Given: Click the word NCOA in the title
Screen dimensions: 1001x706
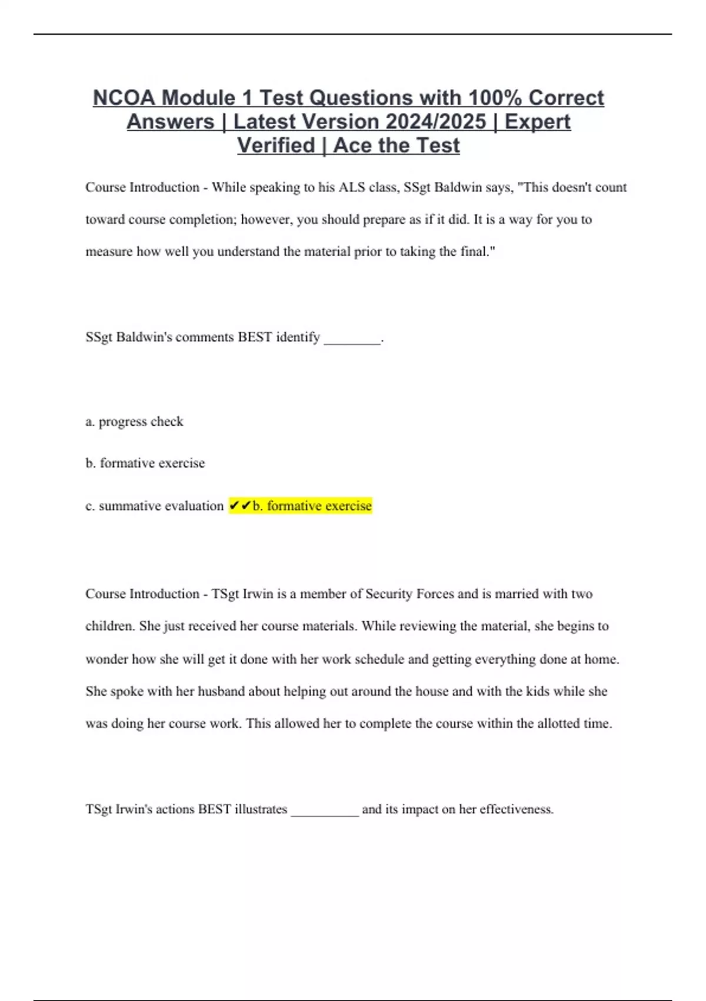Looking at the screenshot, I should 124,98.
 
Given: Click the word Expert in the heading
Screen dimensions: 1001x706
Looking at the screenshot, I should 538,122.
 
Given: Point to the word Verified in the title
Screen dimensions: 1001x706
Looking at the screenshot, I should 276,145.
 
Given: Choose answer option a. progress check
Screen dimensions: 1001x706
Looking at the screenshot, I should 134,422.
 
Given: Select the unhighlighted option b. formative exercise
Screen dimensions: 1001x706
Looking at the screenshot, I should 145,463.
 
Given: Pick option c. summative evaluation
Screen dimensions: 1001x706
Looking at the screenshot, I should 154,506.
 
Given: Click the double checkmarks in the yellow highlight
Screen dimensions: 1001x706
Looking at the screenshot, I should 240,506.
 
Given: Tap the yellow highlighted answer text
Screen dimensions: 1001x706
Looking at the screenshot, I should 312,506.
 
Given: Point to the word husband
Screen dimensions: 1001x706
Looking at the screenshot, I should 221,691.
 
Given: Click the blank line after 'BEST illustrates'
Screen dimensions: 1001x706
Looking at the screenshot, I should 325,811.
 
